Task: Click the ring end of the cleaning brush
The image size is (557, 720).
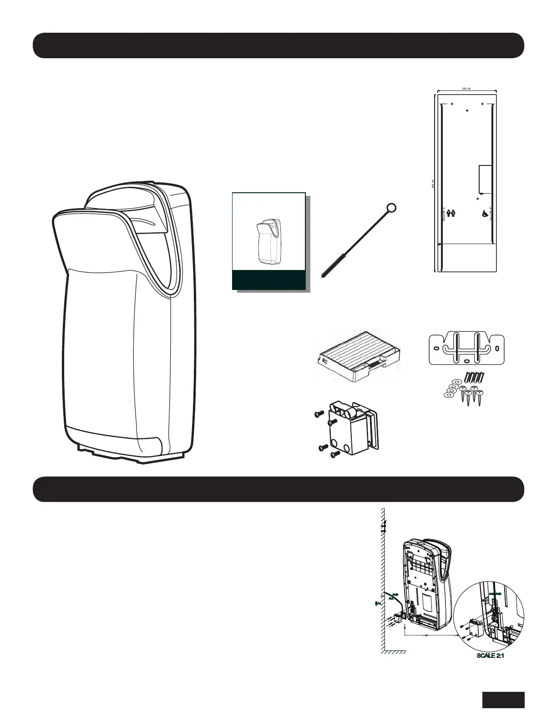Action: pyautogui.click(x=391, y=208)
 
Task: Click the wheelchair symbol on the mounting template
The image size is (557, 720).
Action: pyautogui.click(x=484, y=213)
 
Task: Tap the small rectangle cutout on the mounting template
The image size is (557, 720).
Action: pyautogui.click(x=486, y=179)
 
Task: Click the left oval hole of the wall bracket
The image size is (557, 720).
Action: pyautogui.click(x=436, y=349)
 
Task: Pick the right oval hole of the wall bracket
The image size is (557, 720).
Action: pyautogui.click(x=497, y=349)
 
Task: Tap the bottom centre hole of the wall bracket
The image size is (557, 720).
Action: pyautogui.click(x=466, y=361)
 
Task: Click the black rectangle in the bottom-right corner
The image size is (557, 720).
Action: pyautogui.click(x=503, y=700)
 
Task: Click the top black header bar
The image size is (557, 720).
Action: pyautogui.click(x=278, y=45)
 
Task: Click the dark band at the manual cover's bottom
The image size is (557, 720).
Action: pyautogui.click(x=268, y=280)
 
